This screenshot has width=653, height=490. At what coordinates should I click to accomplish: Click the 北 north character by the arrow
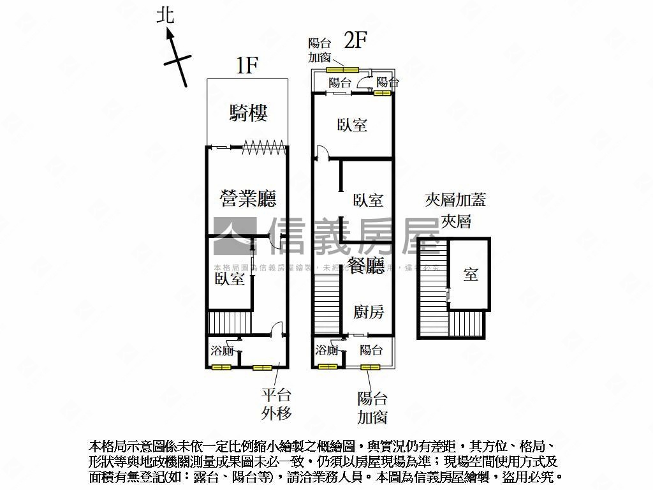[x=166, y=15]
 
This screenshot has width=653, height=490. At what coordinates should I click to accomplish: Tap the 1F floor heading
[x=247, y=66]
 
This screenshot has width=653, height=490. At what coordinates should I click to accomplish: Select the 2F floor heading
[x=355, y=41]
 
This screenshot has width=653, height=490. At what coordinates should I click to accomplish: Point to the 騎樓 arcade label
[x=248, y=114]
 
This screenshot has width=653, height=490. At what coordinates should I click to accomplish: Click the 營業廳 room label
[x=248, y=199]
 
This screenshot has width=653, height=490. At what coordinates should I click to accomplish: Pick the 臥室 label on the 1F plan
[x=230, y=279]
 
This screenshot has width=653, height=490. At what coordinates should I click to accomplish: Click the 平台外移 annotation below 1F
[x=276, y=404]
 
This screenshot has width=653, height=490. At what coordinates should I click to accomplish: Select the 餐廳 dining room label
[x=367, y=265]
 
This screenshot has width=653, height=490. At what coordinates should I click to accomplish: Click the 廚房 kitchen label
[x=369, y=312]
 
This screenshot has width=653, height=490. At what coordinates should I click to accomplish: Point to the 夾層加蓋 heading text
[x=455, y=200]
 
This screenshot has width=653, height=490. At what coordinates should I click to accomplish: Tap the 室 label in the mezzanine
[x=471, y=275]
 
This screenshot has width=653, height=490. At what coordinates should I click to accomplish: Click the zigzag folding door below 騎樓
[x=262, y=146]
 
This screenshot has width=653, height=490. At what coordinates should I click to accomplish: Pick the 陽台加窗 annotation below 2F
[x=372, y=408]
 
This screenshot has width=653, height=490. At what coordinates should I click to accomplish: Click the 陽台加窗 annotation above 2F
[x=321, y=50]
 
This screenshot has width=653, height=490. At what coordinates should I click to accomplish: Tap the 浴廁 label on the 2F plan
[x=326, y=350]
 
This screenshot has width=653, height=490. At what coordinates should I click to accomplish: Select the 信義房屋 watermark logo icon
[x=234, y=237]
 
